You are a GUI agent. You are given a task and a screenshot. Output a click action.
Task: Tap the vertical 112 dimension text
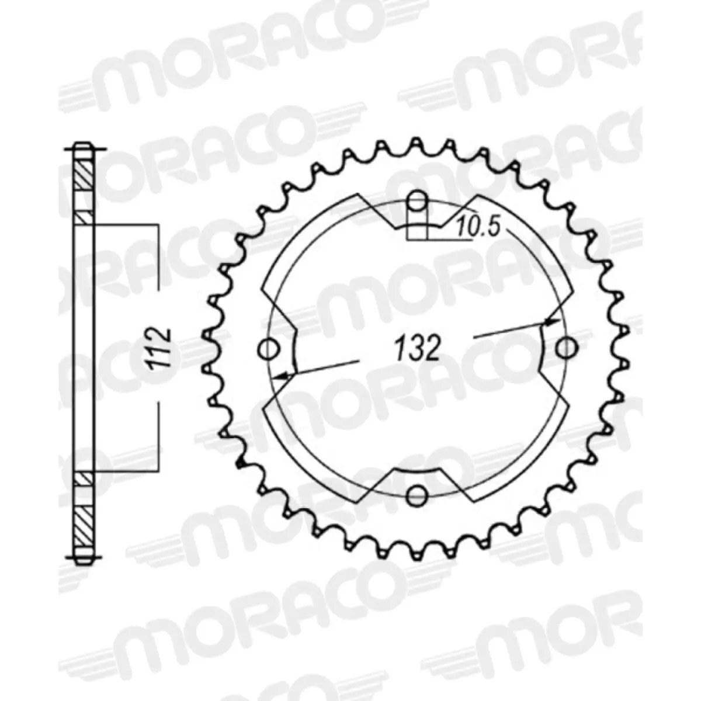click(x=159, y=348)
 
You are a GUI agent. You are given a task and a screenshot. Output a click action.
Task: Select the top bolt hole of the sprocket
click(x=417, y=203)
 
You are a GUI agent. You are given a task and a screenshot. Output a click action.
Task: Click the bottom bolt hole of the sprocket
click(x=417, y=495)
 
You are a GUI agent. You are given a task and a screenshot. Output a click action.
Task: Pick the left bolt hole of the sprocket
click(x=268, y=349)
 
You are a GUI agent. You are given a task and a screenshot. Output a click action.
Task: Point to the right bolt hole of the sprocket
click(x=565, y=349)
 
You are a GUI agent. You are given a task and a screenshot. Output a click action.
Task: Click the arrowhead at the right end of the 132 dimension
click(x=551, y=321)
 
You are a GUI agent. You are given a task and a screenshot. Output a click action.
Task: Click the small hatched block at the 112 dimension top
click(x=82, y=217)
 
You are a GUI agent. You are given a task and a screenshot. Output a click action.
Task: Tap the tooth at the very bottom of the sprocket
click(x=417, y=554)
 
